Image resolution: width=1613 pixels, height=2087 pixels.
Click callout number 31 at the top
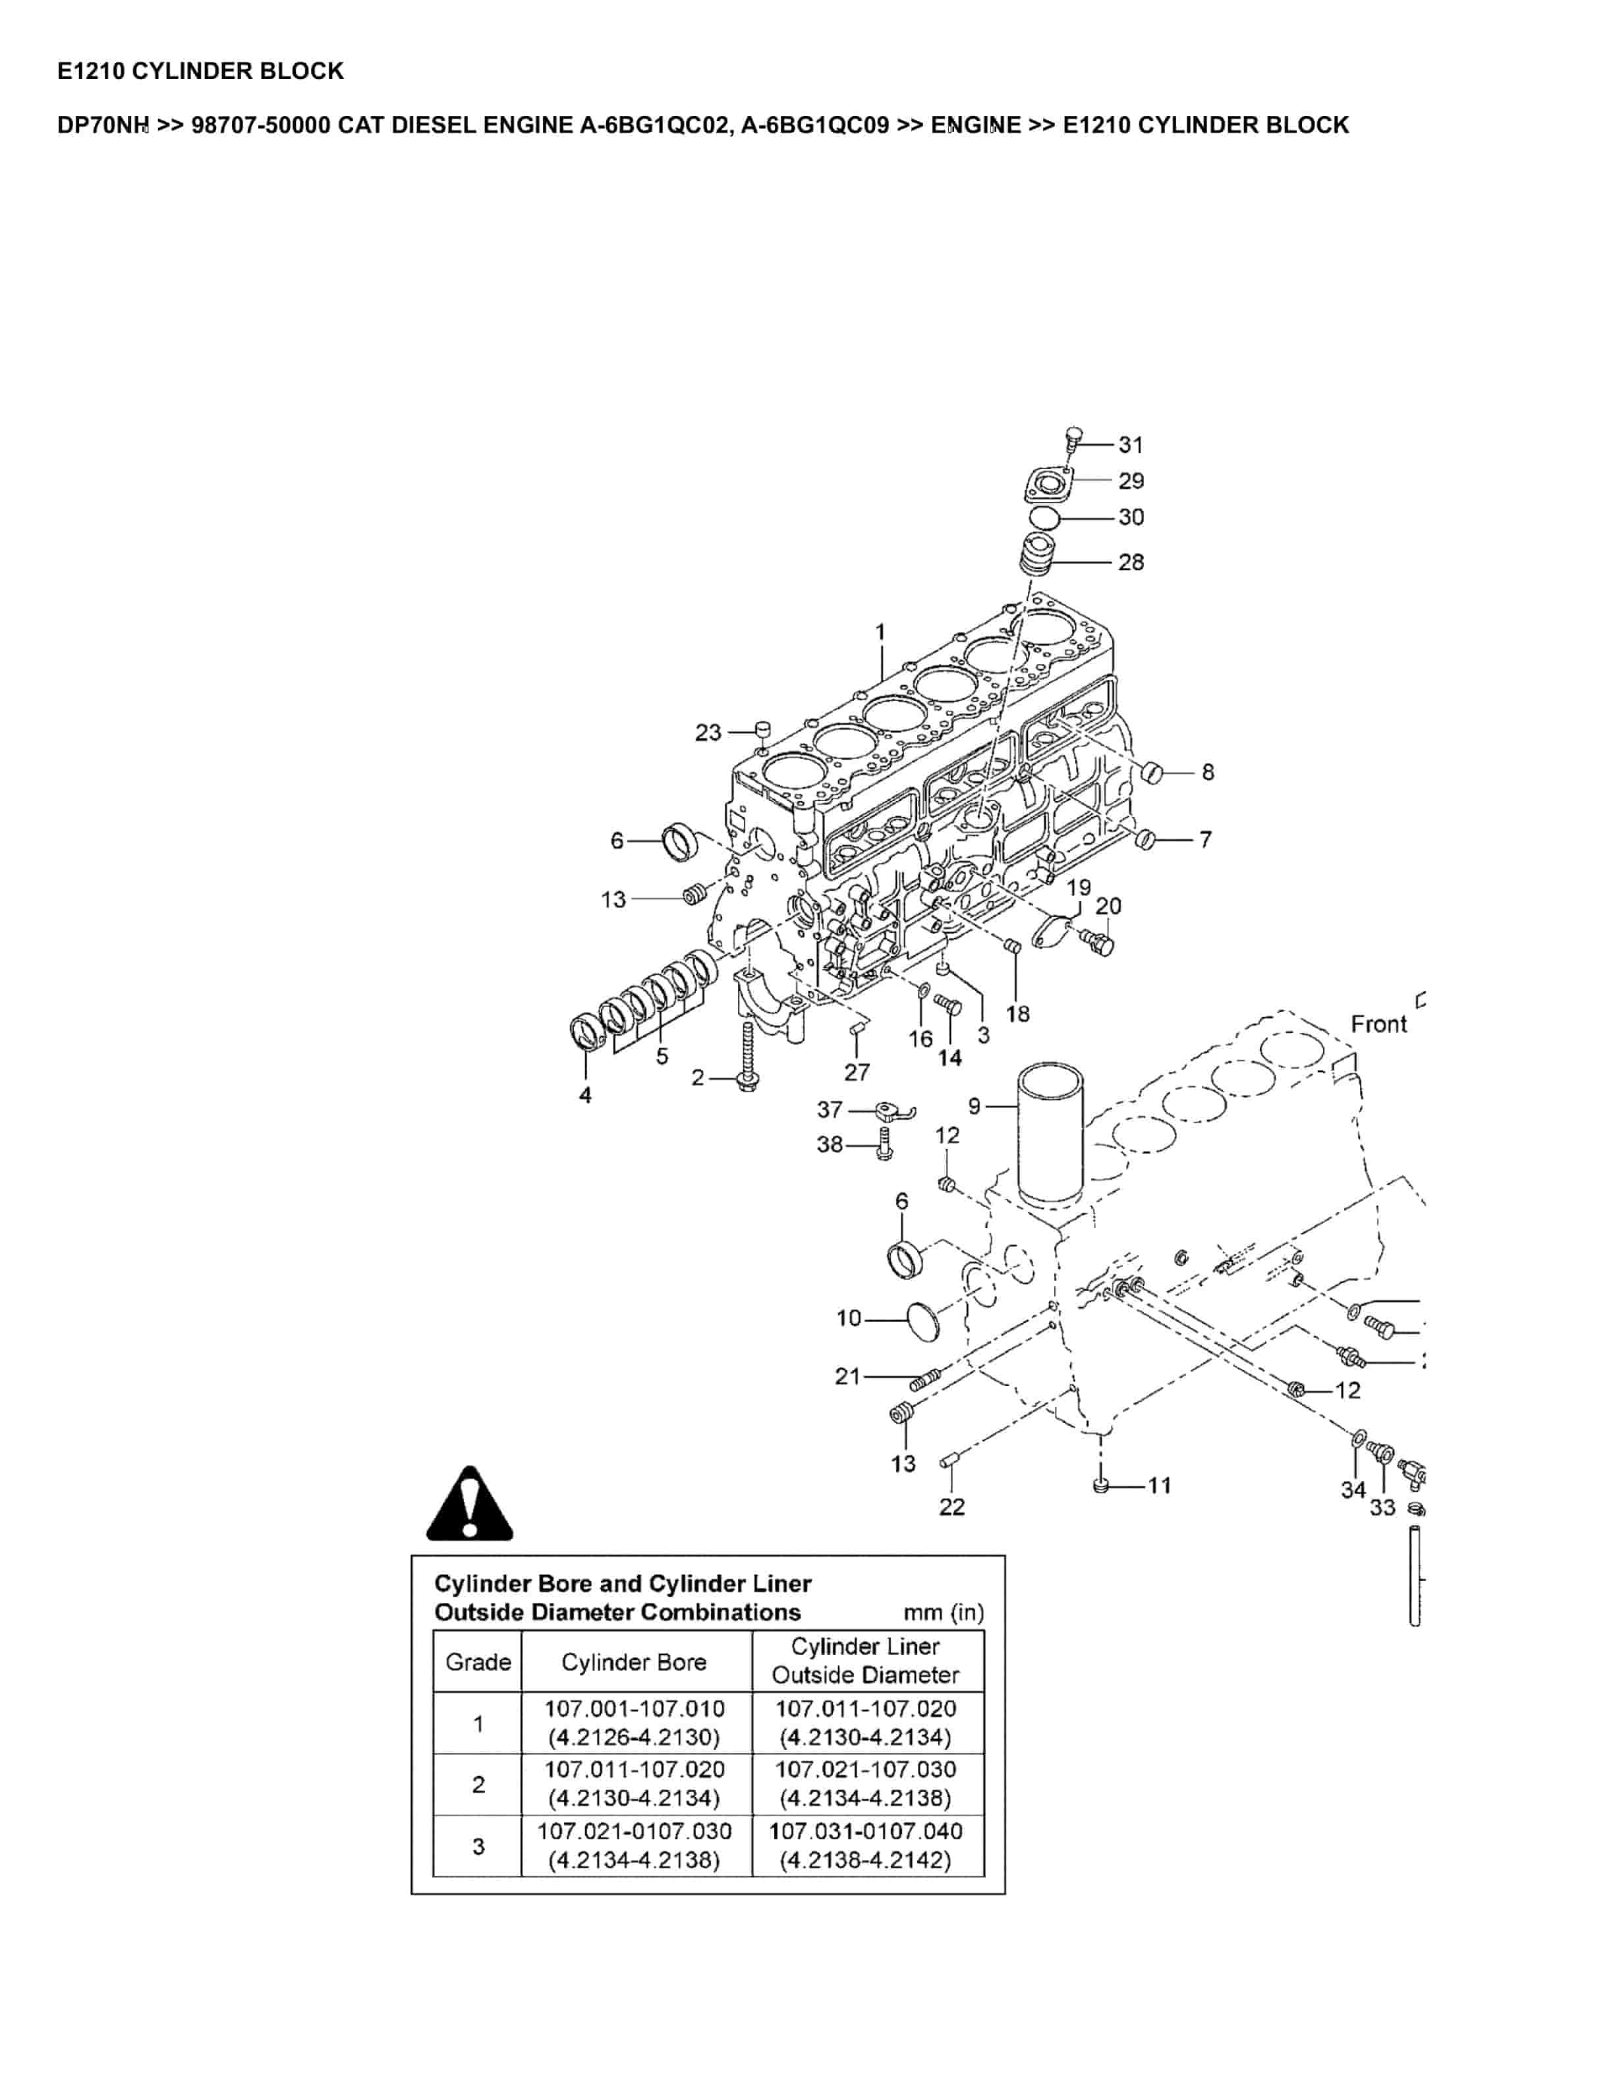[x=1131, y=445]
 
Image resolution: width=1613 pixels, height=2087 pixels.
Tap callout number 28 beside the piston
[x=1131, y=562]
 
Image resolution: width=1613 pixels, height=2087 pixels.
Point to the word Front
[x=1378, y=1024]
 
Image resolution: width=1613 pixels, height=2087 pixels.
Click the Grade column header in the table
[x=478, y=1662]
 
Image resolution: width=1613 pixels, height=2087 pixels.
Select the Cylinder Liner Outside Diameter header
[x=866, y=1661]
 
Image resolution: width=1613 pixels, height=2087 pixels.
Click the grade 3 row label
[x=478, y=1846]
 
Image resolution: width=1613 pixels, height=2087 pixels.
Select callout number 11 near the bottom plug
[x=1158, y=1485]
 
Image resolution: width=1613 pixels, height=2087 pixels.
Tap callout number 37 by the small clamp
[x=830, y=1109]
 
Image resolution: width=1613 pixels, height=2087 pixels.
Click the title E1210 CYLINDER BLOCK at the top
[x=201, y=70]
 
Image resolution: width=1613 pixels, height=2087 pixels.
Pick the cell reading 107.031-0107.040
[x=866, y=1831]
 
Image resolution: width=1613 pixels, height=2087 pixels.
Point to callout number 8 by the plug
[x=1207, y=772]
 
